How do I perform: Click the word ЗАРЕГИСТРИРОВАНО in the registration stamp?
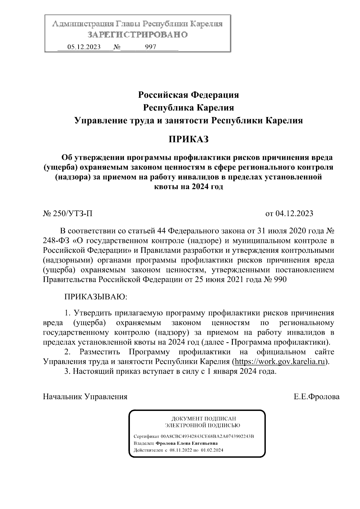[x=137, y=35]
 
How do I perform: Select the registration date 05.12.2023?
[x=84, y=47]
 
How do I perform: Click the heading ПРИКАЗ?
[x=188, y=139]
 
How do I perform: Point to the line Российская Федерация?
[x=188, y=95]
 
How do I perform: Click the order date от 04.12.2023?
[x=289, y=214]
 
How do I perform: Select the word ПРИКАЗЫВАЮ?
[x=96, y=297]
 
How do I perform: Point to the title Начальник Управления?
[x=85, y=397]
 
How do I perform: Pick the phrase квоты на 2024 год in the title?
[x=188, y=187]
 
